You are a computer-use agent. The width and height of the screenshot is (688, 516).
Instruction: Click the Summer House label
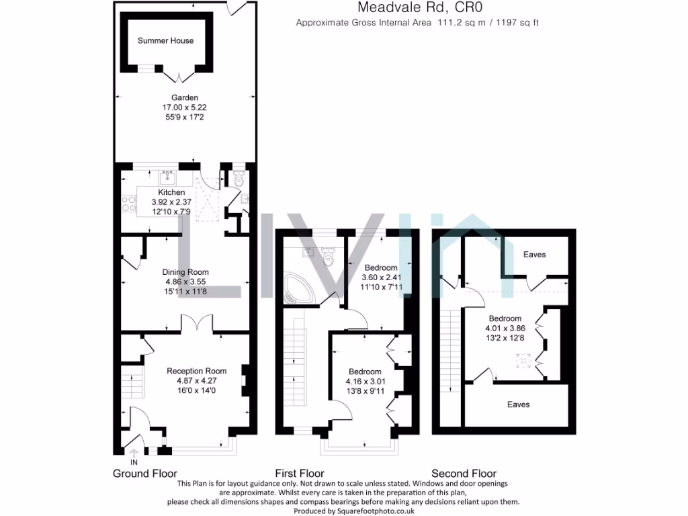pyautogui.click(x=165, y=41)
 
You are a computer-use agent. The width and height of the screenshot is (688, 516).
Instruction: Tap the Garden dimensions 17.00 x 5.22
pyautogui.click(x=184, y=107)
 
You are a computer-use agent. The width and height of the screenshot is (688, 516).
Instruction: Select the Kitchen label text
pyautogui.click(x=171, y=193)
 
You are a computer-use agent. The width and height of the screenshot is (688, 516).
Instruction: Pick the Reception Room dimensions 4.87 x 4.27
pyautogui.click(x=196, y=380)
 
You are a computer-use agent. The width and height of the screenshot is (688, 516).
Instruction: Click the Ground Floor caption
pyautogui.click(x=145, y=474)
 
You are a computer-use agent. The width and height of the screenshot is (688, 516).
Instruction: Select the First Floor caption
pyautogui.click(x=300, y=474)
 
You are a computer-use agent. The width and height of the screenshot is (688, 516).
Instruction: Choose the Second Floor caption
pyautogui.click(x=463, y=474)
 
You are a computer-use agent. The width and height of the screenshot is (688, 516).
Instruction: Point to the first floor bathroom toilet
pyautogui.click(x=328, y=256)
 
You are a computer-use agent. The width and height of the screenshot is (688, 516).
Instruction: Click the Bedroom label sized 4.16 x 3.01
pyautogui.click(x=365, y=372)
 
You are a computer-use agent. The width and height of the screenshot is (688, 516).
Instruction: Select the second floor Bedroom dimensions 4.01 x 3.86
pyautogui.click(x=505, y=328)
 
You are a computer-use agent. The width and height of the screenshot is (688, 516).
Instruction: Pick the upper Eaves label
pyautogui.click(x=535, y=255)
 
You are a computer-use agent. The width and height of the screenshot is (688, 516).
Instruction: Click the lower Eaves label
pyautogui.click(x=519, y=404)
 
